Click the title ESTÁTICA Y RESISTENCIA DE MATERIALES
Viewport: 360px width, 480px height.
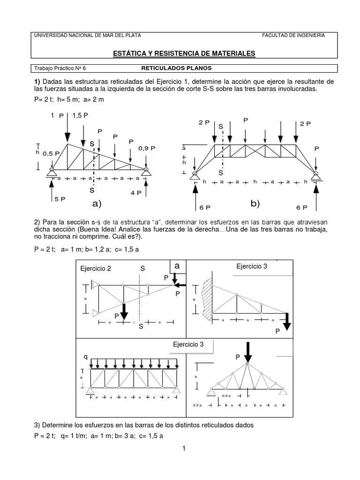[x=184, y=54]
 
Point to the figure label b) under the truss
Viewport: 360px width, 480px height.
[x=255, y=203]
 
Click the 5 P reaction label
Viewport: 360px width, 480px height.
[x=60, y=199]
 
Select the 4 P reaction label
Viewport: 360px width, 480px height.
[x=136, y=193]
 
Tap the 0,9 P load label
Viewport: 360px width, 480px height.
[x=146, y=148]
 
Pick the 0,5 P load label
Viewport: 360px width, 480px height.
[x=51, y=153]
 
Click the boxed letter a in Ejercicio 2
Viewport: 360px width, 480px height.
[x=177, y=266]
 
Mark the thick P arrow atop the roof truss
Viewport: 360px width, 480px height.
[x=248, y=352]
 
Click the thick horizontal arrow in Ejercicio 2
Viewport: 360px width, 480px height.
[x=180, y=285]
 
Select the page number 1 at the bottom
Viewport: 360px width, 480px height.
[x=185, y=449]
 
